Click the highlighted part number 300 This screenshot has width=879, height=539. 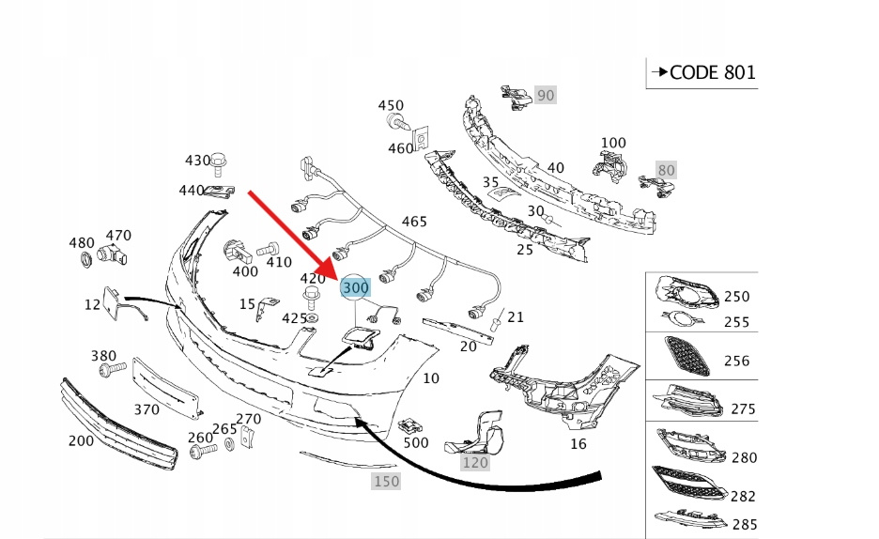[356, 286]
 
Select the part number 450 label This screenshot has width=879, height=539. [391, 106]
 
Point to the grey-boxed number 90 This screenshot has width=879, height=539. [546, 95]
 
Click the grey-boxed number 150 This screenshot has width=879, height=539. [386, 481]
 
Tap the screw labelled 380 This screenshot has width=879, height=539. [107, 372]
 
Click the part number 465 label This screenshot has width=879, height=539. [414, 222]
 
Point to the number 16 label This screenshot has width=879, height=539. [578, 442]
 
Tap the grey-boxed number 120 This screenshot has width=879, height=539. [475, 462]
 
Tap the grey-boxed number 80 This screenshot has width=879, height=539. [666, 170]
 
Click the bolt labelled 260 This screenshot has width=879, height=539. [199, 453]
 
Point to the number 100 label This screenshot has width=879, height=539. [613, 144]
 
